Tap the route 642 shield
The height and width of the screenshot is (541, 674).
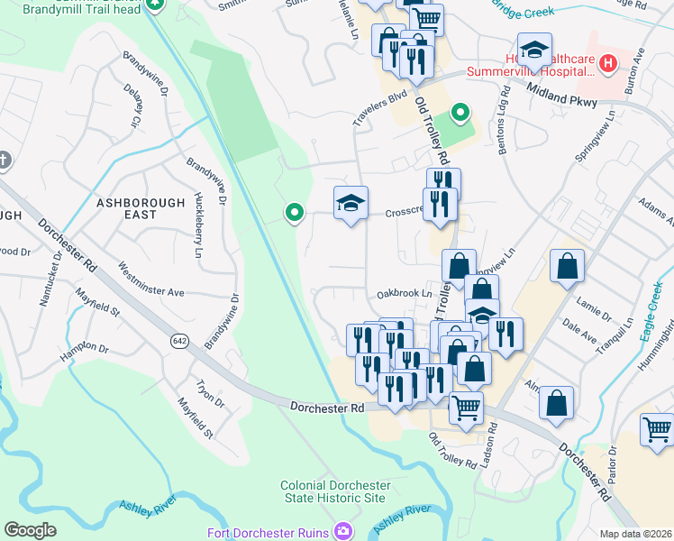pyautogui.click(x=178, y=341)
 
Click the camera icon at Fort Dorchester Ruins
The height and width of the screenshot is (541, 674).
pyautogui.click(x=342, y=531)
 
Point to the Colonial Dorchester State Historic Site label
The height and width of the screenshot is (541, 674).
pyautogui.click(x=332, y=491)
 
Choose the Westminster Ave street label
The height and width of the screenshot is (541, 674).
pyautogui.click(x=150, y=280)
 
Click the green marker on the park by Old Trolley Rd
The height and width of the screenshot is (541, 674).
pyautogui.click(x=460, y=113)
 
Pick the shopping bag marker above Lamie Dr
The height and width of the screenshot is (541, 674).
pyautogui.click(x=567, y=265)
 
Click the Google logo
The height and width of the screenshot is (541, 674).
pyautogui.click(x=30, y=530)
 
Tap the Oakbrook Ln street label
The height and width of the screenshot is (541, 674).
pyautogui.click(x=405, y=294)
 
